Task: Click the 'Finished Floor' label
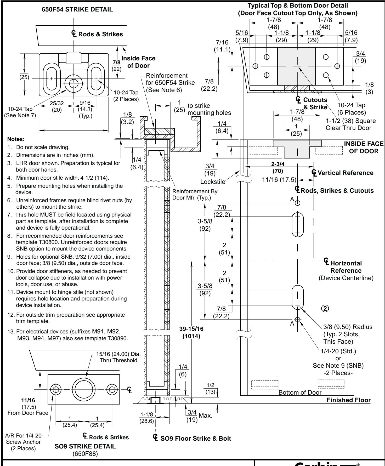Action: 349,400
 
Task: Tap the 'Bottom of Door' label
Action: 300,393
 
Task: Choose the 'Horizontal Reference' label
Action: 346,266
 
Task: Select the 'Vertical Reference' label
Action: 343,173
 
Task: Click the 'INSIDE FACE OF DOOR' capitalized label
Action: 364,147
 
